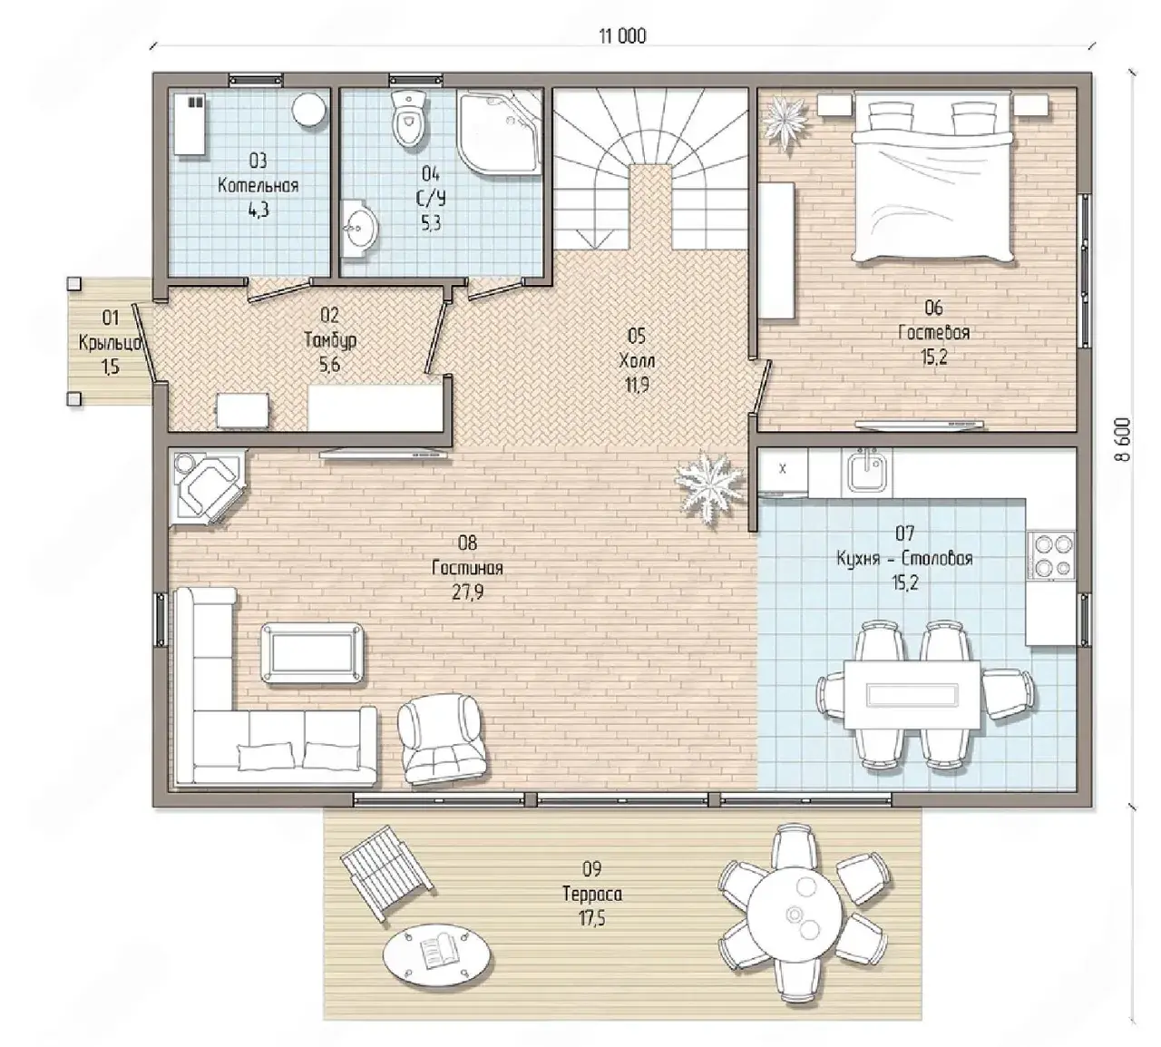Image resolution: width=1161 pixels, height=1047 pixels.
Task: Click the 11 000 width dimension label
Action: [622, 36]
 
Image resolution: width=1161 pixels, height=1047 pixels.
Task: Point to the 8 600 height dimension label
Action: [1122, 439]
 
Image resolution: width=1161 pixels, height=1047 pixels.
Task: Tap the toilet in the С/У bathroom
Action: [409, 119]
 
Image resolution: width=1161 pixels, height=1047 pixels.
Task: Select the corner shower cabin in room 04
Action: [500, 132]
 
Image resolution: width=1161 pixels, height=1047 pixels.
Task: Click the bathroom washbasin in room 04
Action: [360, 229]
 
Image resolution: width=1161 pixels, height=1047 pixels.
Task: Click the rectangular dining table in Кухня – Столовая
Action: [912, 694]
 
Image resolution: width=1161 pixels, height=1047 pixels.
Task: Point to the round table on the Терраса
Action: [795, 914]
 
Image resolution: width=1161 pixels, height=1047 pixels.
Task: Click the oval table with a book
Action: [437, 954]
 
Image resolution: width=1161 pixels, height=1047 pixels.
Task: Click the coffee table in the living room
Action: [313, 653]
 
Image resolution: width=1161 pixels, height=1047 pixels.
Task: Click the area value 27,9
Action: [468, 593]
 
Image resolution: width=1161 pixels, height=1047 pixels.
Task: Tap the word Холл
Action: [637, 361]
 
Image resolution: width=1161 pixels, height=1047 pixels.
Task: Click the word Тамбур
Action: [330, 340]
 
